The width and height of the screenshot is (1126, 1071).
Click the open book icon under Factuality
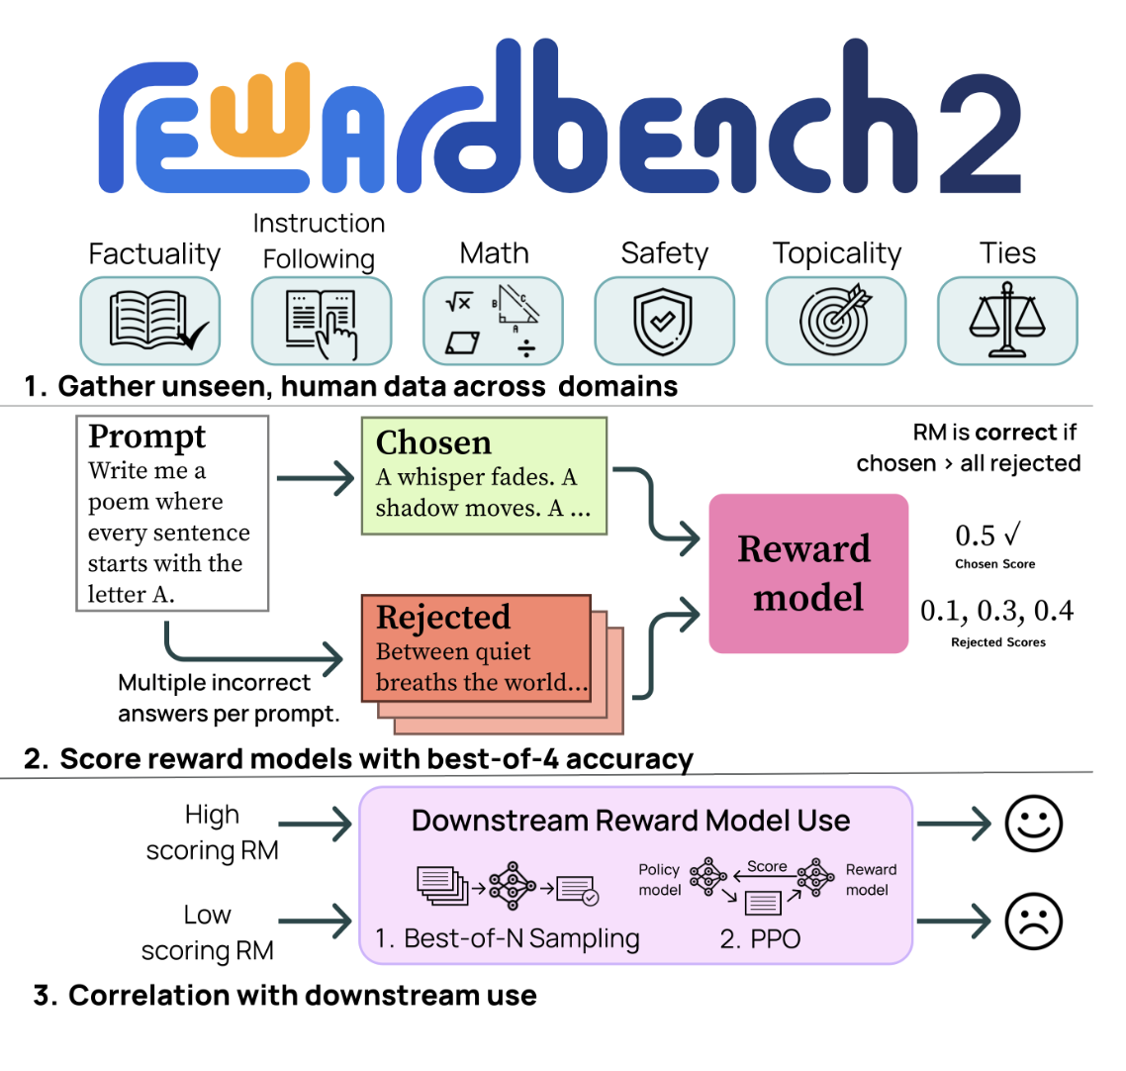tap(149, 321)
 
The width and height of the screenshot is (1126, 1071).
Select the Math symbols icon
tap(492, 321)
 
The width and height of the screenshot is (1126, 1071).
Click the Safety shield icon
tap(663, 321)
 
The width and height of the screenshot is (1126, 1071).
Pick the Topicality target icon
tap(835, 321)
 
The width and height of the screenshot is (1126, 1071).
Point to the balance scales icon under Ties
tap(1006, 321)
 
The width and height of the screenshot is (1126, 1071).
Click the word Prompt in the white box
tap(146, 437)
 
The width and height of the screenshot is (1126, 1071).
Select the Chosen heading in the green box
tap(433, 442)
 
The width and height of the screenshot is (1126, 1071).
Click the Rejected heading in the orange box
tap(443, 618)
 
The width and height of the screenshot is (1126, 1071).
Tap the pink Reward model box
tap(807, 573)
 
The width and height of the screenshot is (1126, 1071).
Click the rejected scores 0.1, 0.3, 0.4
tap(996, 611)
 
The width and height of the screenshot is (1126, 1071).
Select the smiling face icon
tap(1033, 824)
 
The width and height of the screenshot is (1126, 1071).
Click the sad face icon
tap(1033, 922)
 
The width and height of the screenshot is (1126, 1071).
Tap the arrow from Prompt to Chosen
tap(315, 480)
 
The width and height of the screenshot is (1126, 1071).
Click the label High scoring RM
tap(212, 832)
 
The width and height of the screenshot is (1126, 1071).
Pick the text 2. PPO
tap(760, 938)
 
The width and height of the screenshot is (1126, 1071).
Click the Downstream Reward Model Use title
tap(630, 821)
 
